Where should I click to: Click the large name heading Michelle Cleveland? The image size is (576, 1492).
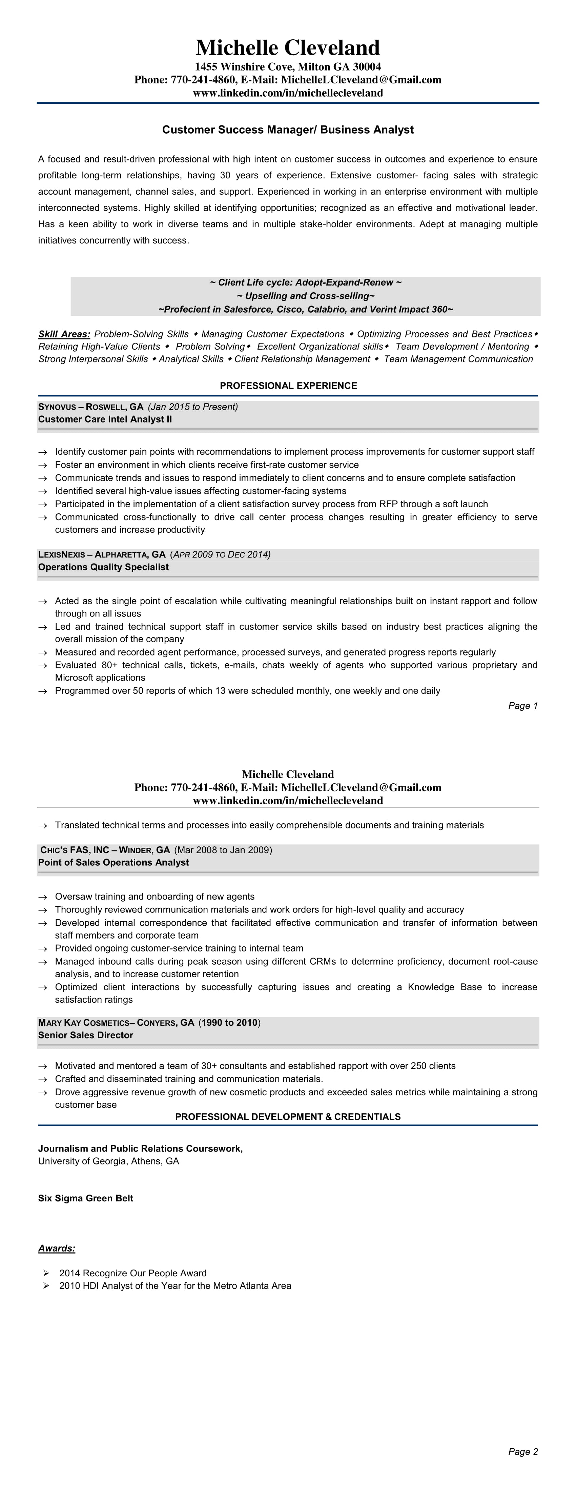(x=288, y=47)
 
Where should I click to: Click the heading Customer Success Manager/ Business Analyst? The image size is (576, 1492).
(x=288, y=130)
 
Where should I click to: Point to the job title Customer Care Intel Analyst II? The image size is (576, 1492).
(x=105, y=419)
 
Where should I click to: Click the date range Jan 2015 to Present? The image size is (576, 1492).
(x=193, y=407)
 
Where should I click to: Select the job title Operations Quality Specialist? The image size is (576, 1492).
(x=103, y=567)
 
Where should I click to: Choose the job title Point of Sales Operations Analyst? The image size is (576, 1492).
(x=114, y=862)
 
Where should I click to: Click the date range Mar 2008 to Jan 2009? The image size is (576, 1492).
(x=223, y=850)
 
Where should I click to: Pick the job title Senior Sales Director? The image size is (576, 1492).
(x=86, y=1035)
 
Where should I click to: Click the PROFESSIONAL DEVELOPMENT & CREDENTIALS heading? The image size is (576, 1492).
(x=288, y=1117)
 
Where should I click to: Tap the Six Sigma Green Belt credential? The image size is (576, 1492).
(x=86, y=1198)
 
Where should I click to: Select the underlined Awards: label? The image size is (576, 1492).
(x=57, y=1248)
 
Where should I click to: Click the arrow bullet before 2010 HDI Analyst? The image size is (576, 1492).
(x=46, y=1286)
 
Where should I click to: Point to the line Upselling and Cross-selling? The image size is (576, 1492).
(x=306, y=296)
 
